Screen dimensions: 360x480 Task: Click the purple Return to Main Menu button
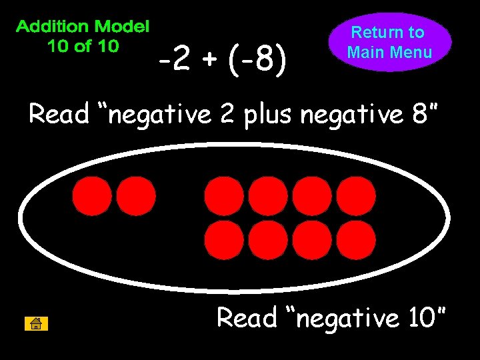tap(389, 42)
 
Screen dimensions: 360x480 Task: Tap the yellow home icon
tap(36, 324)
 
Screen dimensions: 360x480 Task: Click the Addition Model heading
tap(83, 27)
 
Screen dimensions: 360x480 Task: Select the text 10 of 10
tap(83, 46)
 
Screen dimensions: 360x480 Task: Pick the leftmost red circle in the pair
tap(92, 196)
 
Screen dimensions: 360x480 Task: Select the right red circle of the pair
tap(136, 196)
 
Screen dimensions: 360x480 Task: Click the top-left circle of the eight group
tap(224, 196)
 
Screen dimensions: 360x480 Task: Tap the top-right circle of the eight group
tap(356, 196)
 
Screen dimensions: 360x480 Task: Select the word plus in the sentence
tap(269, 115)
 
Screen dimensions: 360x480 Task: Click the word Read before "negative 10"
tap(247, 318)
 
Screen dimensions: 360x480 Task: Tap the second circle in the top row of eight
tap(268, 196)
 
